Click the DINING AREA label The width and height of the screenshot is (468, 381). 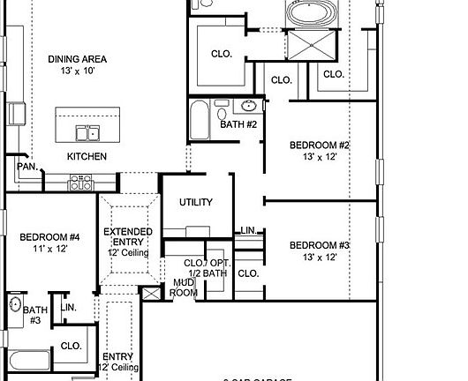pyautogui.click(x=77, y=59)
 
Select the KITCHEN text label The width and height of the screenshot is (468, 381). pyautogui.click(x=87, y=156)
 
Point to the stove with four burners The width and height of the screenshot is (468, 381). pyautogui.click(x=81, y=182)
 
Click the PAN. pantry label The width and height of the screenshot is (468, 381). pyautogui.click(x=26, y=166)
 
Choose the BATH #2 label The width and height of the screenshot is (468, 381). pyautogui.click(x=238, y=124)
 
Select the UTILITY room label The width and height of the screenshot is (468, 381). pyautogui.click(x=196, y=202)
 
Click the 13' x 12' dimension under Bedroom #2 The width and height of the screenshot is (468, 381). pyautogui.click(x=320, y=157)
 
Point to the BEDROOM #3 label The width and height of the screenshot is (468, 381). pyautogui.click(x=320, y=245)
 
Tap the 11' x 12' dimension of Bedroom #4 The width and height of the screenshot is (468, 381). pyautogui.click(x=50, y=250)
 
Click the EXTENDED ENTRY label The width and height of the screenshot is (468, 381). pyautogui.click(x=128, y=237)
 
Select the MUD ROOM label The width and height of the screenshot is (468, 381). pyautogui.click(x=184, y=288)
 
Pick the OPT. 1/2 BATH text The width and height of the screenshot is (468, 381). pyautogui.click(x=217, y=269)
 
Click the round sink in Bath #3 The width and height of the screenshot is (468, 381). pyautogui.click(x=14, y=305)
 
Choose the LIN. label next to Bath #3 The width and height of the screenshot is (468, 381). pyautogui.click(x=69, y=307)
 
